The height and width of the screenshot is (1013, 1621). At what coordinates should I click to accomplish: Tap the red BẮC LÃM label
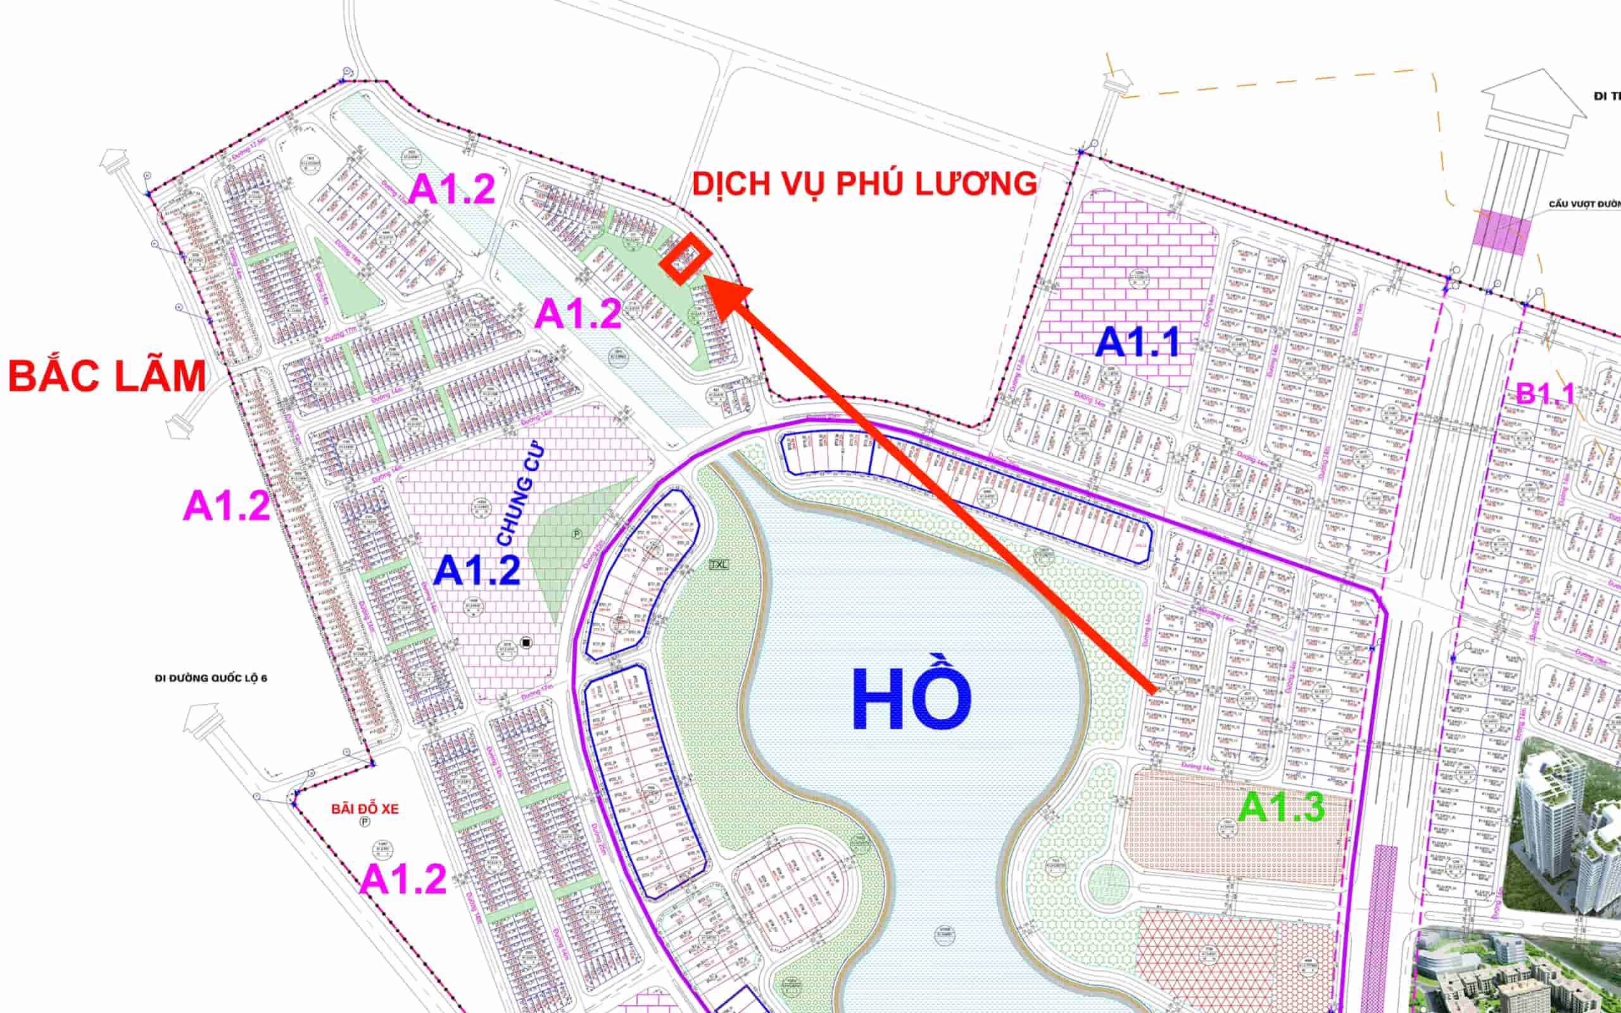(107, 376)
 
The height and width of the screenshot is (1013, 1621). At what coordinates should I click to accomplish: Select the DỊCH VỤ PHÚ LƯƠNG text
(864, 184)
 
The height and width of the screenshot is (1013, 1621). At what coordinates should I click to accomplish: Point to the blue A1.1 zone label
(1137, 343)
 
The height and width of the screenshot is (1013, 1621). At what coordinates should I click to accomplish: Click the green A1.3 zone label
(1282, 807)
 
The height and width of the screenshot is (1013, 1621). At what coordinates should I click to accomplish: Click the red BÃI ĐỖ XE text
(365, 809)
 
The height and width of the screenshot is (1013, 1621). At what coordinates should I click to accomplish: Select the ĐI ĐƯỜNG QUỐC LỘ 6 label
(211, 678)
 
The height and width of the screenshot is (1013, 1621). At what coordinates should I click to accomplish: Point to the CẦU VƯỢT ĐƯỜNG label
(1584, 204)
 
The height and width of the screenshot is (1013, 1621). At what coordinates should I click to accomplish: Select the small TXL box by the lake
(719, 564)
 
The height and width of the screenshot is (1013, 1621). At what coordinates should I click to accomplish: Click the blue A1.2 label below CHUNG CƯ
(477, 572)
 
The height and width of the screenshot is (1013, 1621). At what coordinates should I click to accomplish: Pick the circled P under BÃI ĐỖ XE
(365, 822)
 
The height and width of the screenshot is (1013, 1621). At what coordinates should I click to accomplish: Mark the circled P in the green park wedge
(576, 534)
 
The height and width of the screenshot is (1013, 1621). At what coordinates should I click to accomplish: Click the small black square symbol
(526, 643)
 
